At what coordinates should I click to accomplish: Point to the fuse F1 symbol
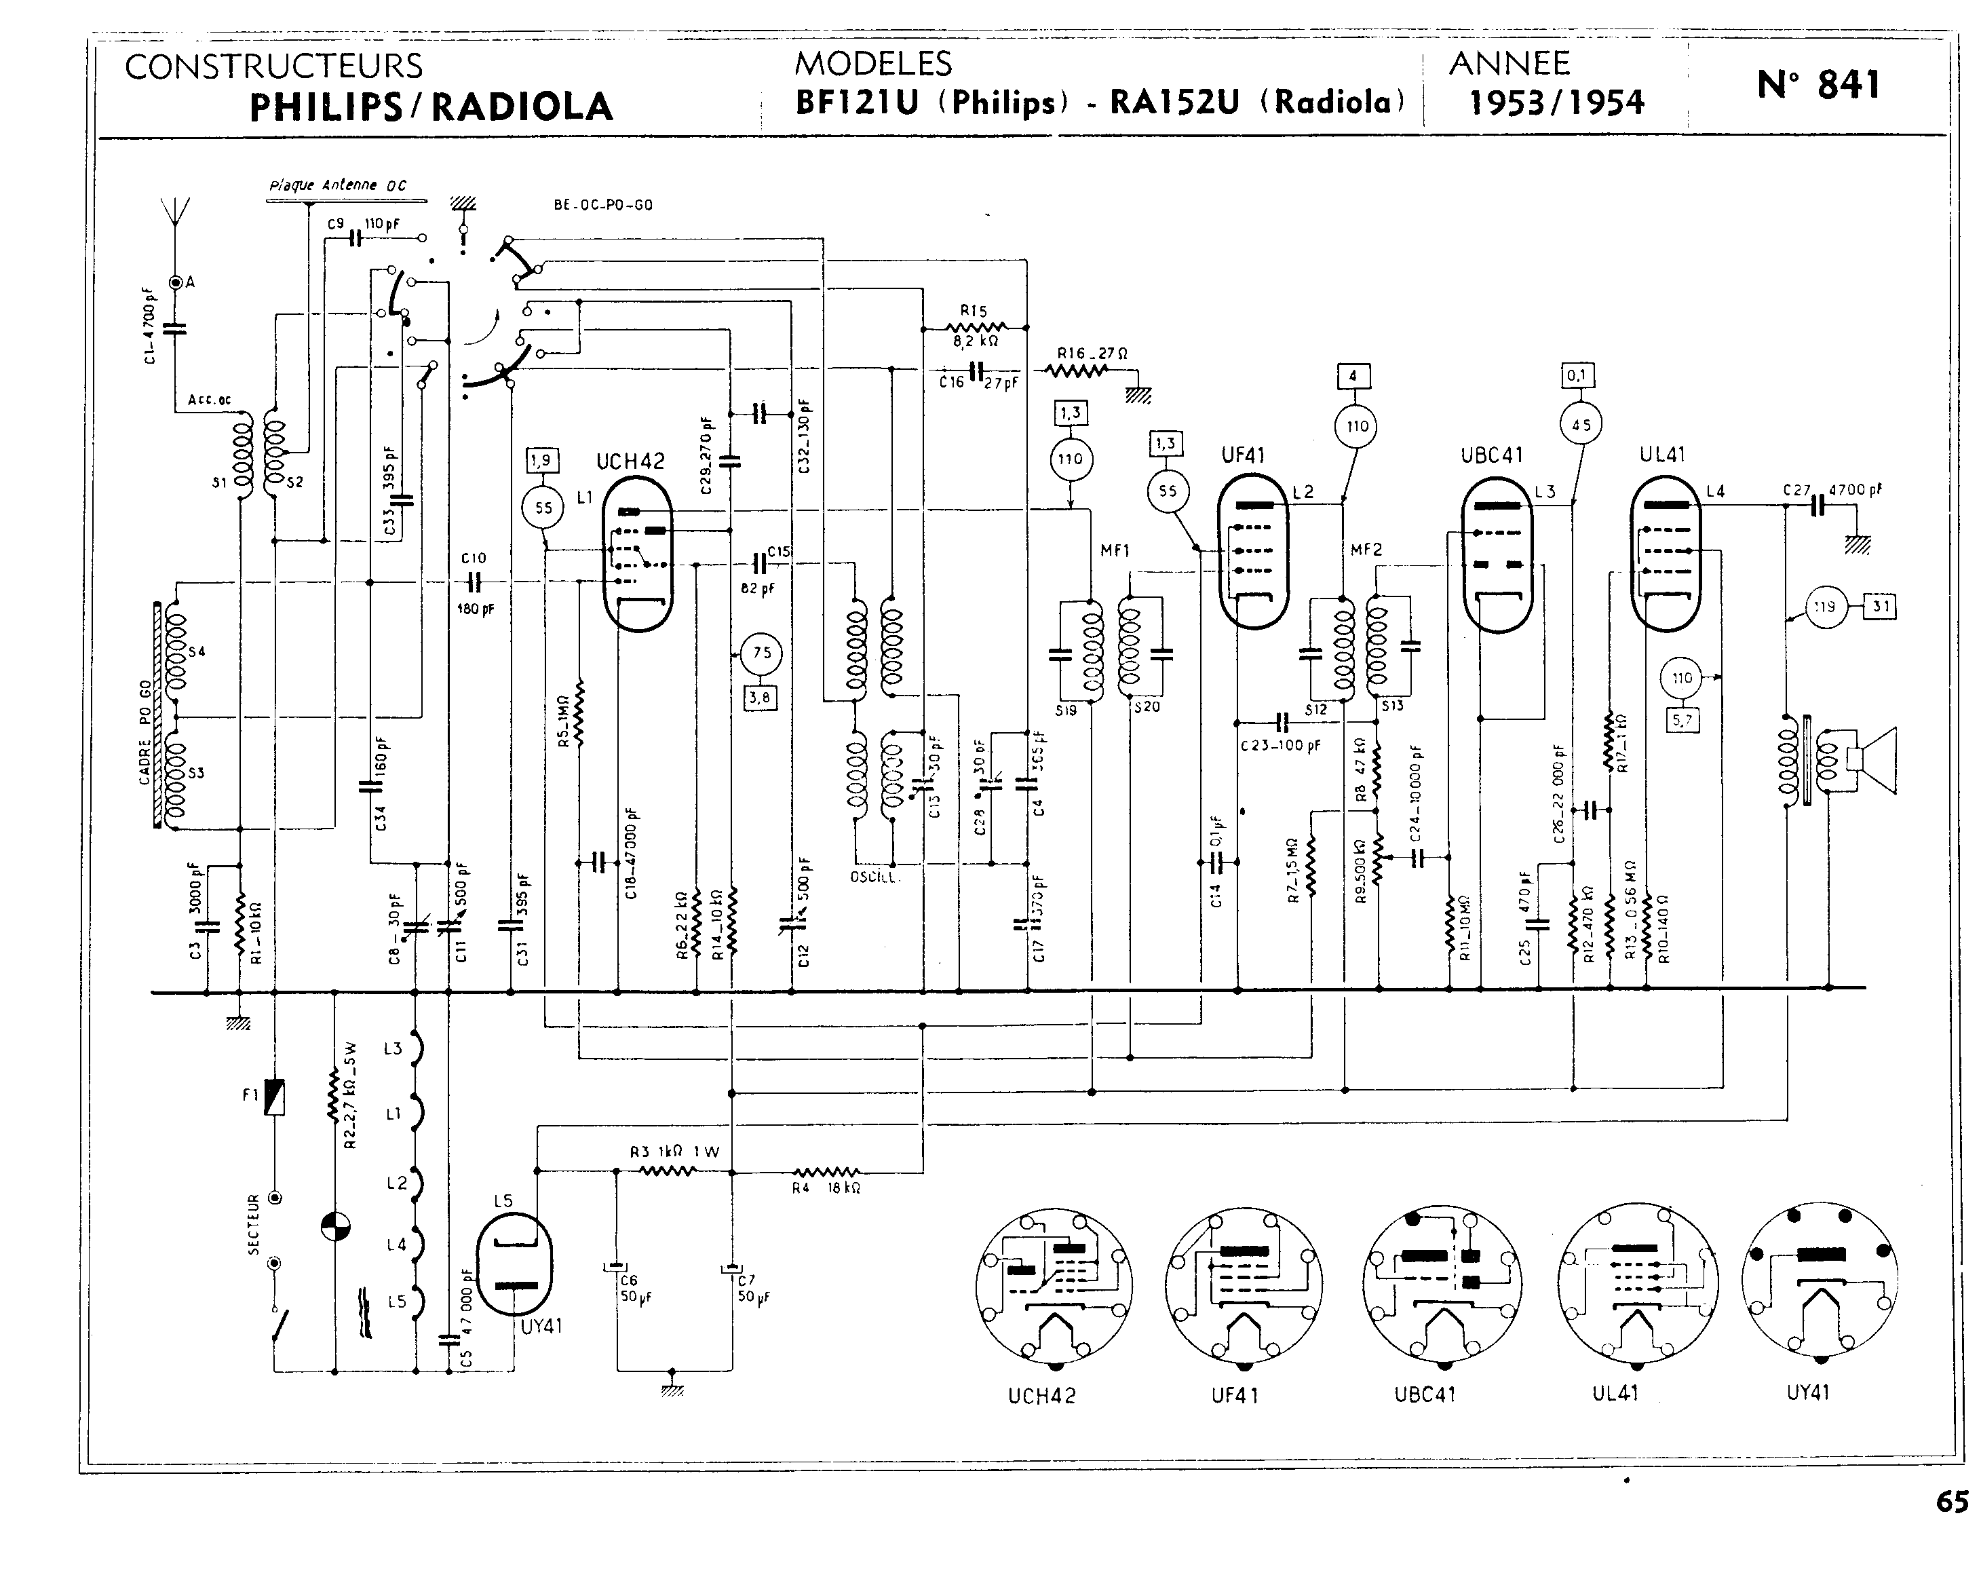[x=274, y=1097]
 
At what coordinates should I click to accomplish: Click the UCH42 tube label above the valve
[x=631, y=461]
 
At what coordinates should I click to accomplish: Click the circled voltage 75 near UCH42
[x=761, y=653]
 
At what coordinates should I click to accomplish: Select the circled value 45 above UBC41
[x=1581, y=424]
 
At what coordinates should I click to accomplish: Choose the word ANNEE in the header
[x=1509, y=62]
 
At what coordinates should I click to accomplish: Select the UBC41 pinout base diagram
[x=1442, y=1283]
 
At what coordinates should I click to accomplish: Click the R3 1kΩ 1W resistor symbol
[x=668, y=1171]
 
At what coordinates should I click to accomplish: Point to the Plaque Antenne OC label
[x=337, y=185]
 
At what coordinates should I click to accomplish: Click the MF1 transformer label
[x=1114, y=551]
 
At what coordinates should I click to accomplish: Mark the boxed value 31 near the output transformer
[x=1881, y=606]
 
